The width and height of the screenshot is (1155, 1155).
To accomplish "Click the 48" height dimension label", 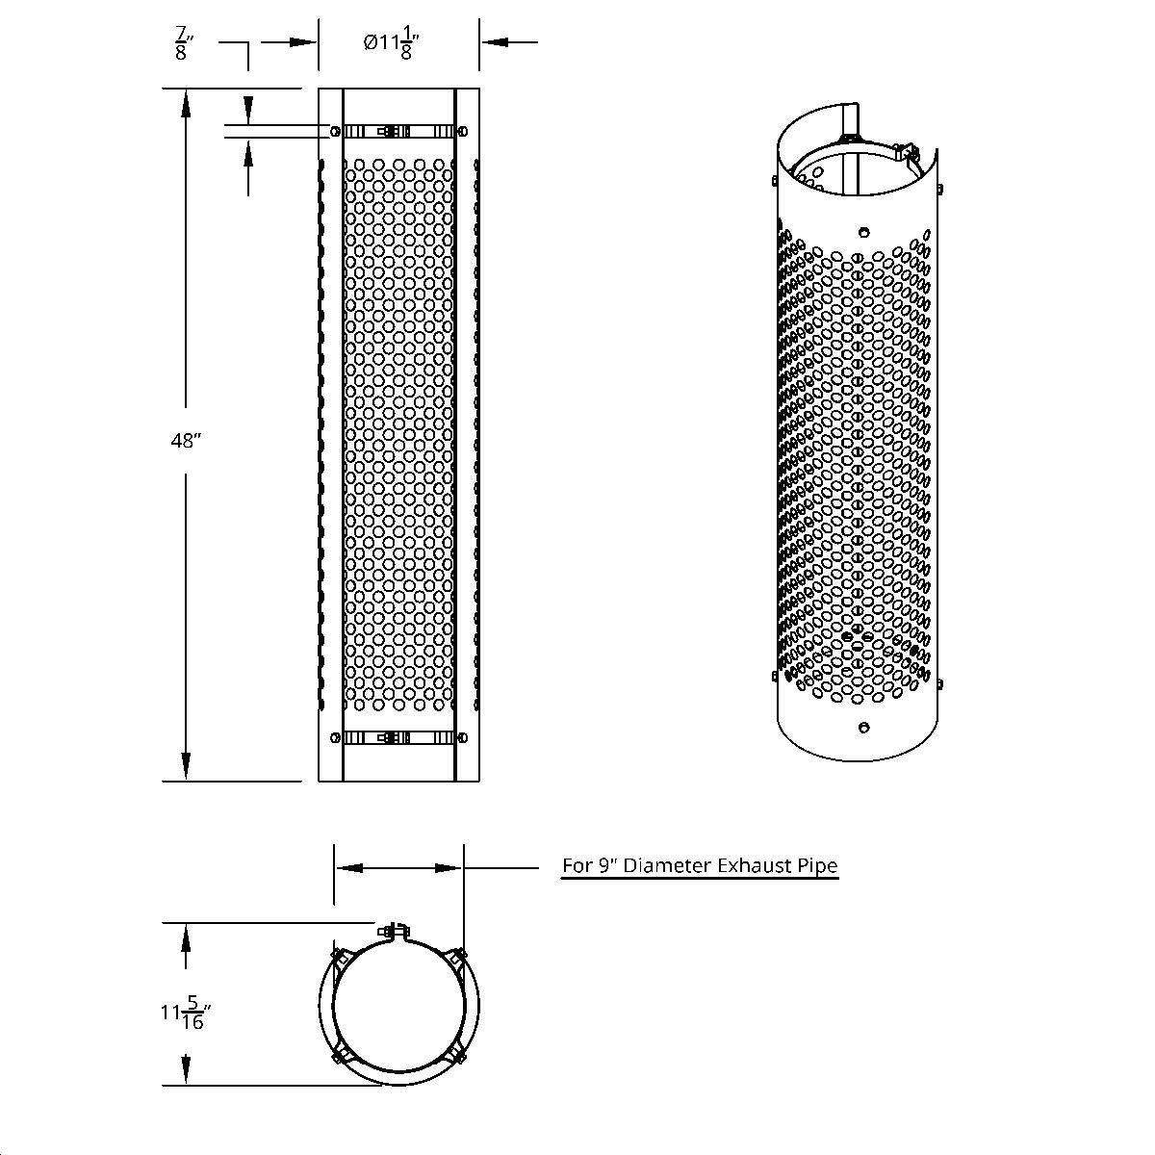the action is coord(185,441).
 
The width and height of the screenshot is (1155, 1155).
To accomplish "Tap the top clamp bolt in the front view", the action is coord(393,132).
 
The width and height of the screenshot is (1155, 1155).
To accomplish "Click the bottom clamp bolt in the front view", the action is coord(393,738).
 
